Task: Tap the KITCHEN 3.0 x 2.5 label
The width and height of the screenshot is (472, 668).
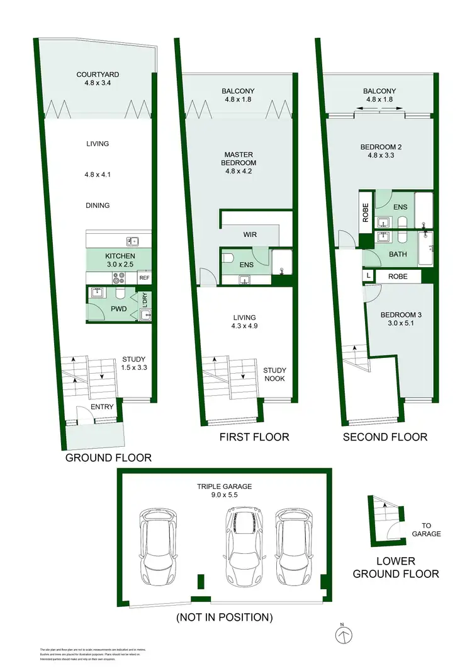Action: pos(120,260)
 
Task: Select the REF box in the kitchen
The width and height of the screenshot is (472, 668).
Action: pos(144,278)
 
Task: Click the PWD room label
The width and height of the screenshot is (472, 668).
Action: pos(119,309)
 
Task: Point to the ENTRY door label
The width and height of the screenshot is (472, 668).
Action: pos(102,407)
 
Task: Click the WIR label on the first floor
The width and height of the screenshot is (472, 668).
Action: pos(250,234)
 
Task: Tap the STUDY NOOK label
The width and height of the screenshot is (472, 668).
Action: pos(275,375)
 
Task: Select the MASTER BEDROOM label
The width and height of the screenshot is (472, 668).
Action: pos(240,158)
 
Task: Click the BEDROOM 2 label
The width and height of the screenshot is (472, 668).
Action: pos(381,152)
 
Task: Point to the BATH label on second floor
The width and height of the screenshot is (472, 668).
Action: pos(381,255)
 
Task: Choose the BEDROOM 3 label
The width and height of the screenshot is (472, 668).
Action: pos(400,321)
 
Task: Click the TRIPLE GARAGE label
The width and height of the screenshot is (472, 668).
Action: pos(225,490)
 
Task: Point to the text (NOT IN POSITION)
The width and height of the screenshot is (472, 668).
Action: pos(225,617)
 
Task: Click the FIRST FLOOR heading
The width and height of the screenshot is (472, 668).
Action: pos(254,437)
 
